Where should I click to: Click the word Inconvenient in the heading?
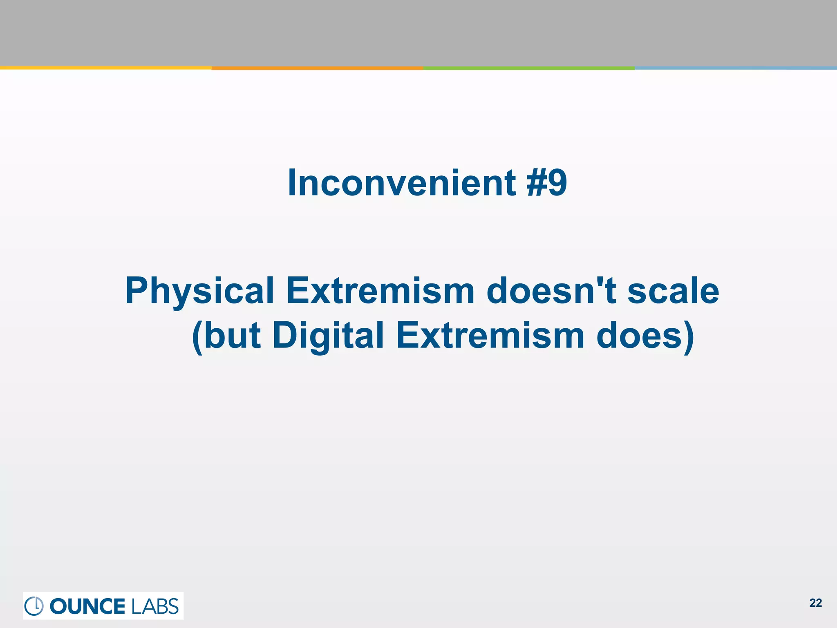[402, 183]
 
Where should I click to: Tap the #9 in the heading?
[546, 183]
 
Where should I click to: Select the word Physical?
[199, 291]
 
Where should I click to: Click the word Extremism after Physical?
[380, 291]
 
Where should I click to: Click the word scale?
[673, 291]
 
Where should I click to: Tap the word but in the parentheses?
[232, 335]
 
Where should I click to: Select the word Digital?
[328, 335]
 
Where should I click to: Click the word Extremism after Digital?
[490, 335]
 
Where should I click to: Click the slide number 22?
[815, 603]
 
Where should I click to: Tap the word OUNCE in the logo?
[87, 606]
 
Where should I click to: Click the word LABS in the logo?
[155, 606]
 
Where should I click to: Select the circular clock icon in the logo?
[34, 606]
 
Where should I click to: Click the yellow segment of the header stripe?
[105, 68]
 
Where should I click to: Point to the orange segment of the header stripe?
[317, 68]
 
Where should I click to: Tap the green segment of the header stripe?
[529, 68]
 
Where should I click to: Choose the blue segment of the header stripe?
[736, 68]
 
